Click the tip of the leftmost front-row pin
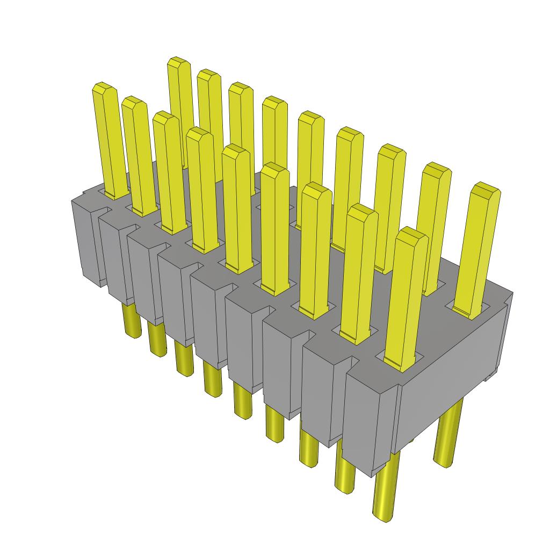pos(104,88)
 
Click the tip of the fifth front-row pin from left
pos(236,151)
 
